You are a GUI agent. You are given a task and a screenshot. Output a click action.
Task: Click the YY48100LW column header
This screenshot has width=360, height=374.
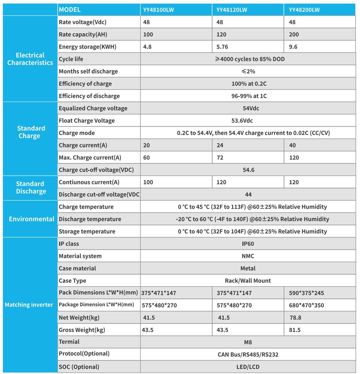[x=158, y=10]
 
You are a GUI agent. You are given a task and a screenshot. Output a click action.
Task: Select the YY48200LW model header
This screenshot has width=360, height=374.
[x=304, y=10]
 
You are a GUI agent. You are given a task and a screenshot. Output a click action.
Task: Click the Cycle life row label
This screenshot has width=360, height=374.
[x=71, y=59]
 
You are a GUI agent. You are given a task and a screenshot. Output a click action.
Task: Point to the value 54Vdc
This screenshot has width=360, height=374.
[x=251, y=108]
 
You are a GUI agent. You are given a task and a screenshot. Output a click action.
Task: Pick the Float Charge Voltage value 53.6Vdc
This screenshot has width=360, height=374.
[x=242, y=120]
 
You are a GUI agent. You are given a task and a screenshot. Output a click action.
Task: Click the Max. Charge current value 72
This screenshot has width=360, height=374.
[x=220, y=158]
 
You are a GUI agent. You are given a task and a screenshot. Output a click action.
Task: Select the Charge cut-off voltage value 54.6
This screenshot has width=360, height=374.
[x=248, y=170]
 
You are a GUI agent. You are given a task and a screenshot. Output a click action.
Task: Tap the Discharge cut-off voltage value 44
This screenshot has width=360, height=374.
[x=248, y=194]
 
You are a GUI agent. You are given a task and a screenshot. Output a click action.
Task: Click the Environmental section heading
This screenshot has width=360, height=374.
[x=31, y=219]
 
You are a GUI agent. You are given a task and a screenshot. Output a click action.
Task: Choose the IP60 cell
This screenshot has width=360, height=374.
[x=248, y=244]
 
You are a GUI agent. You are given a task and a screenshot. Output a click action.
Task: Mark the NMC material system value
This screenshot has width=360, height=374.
[x=248, y=256]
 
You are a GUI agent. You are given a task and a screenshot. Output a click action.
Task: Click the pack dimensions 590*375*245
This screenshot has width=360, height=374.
[x=306, y=293]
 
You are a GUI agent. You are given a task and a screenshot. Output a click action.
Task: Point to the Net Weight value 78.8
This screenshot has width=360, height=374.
[x=295, y=318]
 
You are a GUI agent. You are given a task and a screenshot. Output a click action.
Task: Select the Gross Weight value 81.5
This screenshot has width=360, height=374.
[x=295, y=330]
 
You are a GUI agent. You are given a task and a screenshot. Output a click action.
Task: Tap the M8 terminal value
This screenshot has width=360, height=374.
[x=248, y=342]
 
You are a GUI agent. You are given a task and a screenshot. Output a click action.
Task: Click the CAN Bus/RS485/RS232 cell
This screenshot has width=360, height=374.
[x=248, y=355]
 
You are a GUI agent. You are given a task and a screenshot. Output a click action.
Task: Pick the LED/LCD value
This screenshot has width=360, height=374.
[x=248, y=367]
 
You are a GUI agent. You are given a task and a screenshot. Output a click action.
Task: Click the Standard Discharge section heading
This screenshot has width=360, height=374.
[x=31, y=187]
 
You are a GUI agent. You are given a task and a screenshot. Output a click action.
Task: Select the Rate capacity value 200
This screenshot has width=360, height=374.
[x=294, y=35]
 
